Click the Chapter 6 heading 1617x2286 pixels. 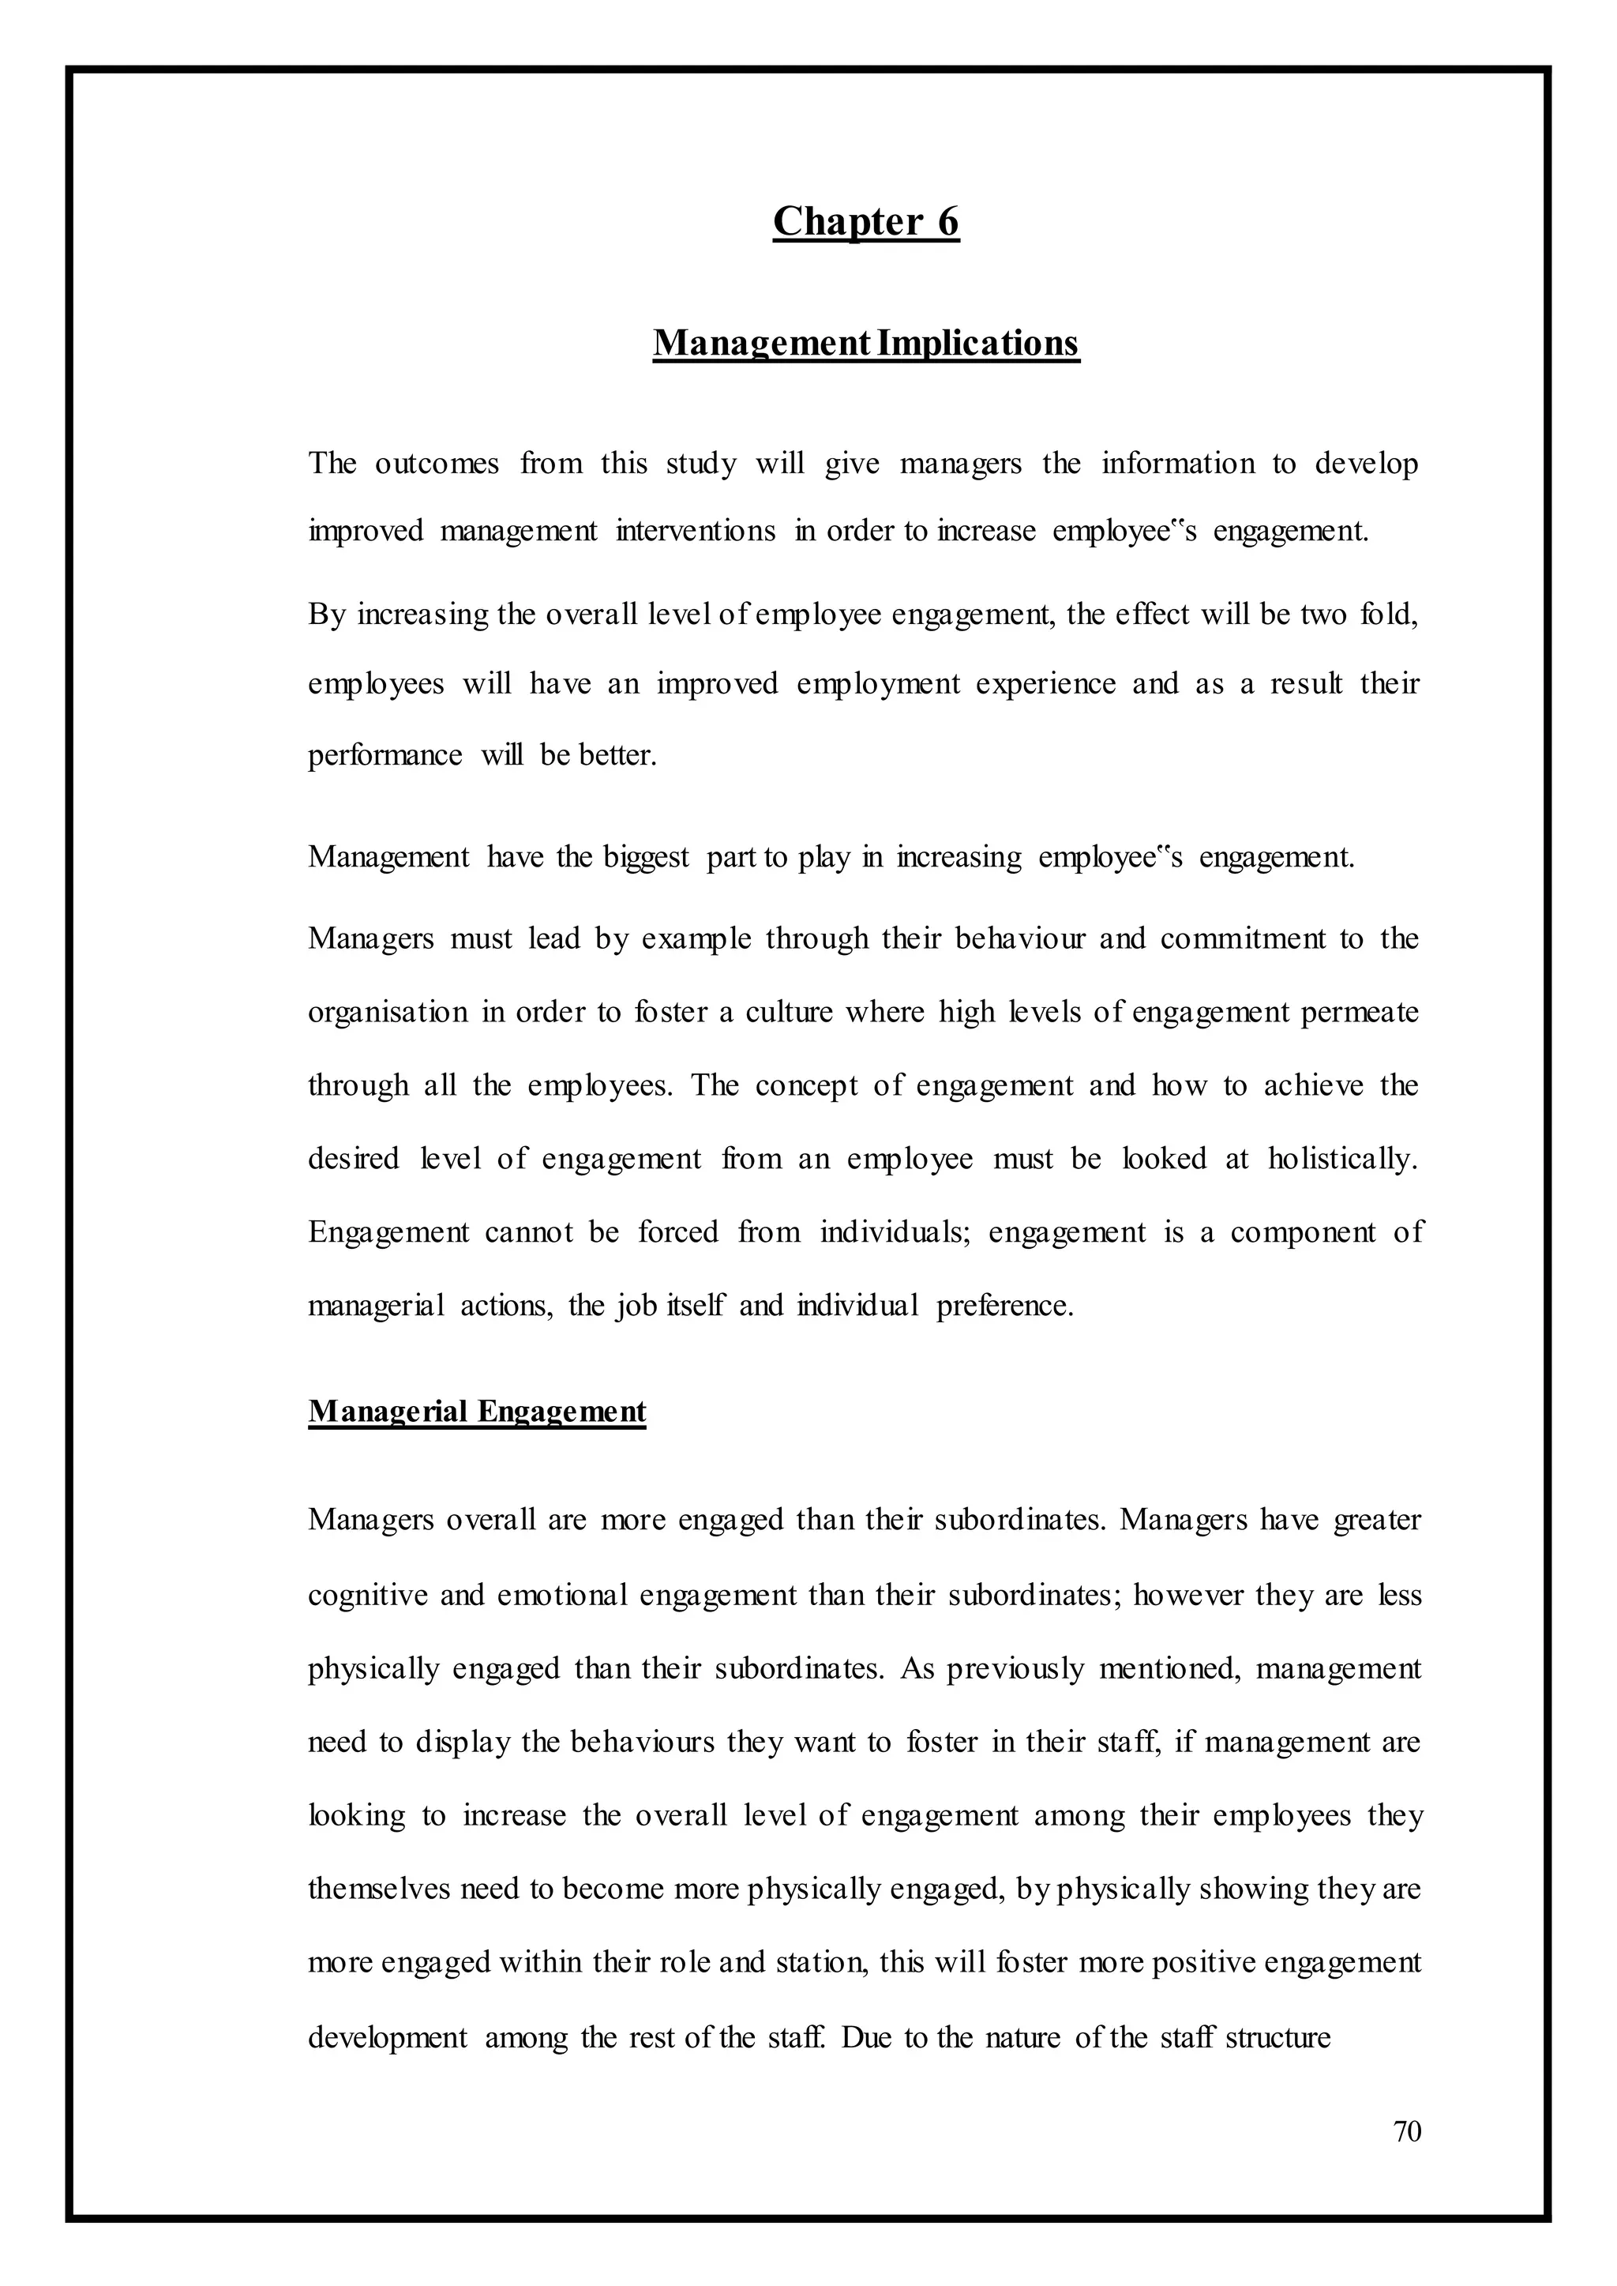pos(865,221)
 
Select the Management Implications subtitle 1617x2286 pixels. pos(865,343)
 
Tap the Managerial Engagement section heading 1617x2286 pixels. pos(477,1412)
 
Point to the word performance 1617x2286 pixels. pos(385,755)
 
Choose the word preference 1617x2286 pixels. pos(1003,1305)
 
